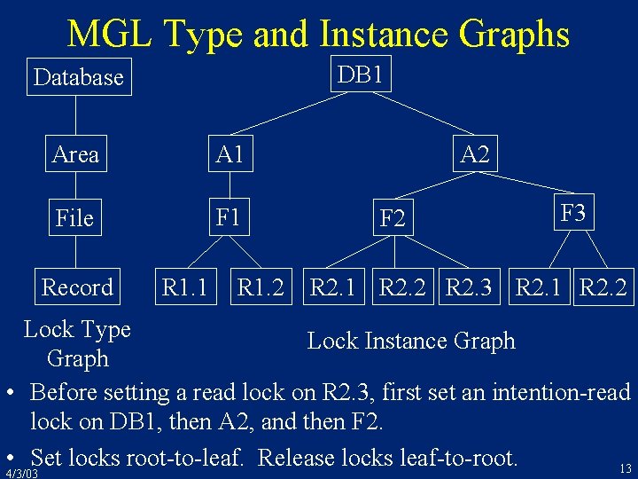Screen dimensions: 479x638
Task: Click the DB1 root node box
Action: click(362, 75)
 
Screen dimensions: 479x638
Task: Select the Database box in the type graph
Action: click(79, 77)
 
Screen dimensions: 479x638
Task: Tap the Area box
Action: click(75, 154)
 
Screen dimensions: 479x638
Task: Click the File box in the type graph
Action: click(74, 217)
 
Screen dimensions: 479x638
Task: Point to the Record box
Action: click(78, 287)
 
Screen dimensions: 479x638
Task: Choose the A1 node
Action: click(229, 154)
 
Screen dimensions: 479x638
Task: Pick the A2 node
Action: click(475, 154)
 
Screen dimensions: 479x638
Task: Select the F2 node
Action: click(393, 217)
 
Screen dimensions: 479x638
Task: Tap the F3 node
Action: click(573, 213)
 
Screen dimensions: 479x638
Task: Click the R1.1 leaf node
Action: click(184, 287)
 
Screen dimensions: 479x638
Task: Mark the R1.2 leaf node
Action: click(261, 287)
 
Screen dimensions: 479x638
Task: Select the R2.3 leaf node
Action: click(473, 287)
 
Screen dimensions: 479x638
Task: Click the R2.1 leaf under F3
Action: click(540, 287)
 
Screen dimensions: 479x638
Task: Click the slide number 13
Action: click(626, 468)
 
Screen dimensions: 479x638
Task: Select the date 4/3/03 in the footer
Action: click(21, 474)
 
